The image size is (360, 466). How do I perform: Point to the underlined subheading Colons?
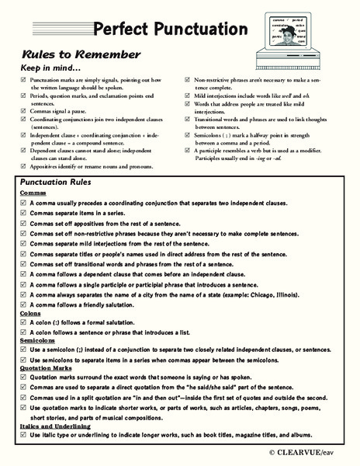[x=29, y=313]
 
